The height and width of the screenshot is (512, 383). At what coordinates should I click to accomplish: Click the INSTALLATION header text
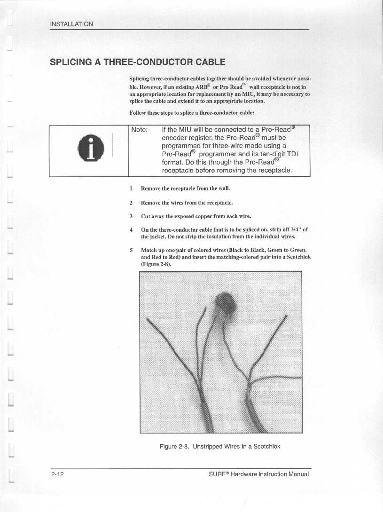coord(72,24)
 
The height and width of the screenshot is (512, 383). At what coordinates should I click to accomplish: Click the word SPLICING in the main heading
coord(75,62)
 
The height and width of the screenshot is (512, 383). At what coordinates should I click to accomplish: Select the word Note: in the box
coord(140,130)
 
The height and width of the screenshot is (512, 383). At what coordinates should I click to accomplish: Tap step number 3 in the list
coord(131,217)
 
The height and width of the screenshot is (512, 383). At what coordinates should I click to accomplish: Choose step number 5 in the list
coord(131,250)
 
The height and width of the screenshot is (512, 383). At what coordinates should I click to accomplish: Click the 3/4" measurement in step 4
coord(297,229)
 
